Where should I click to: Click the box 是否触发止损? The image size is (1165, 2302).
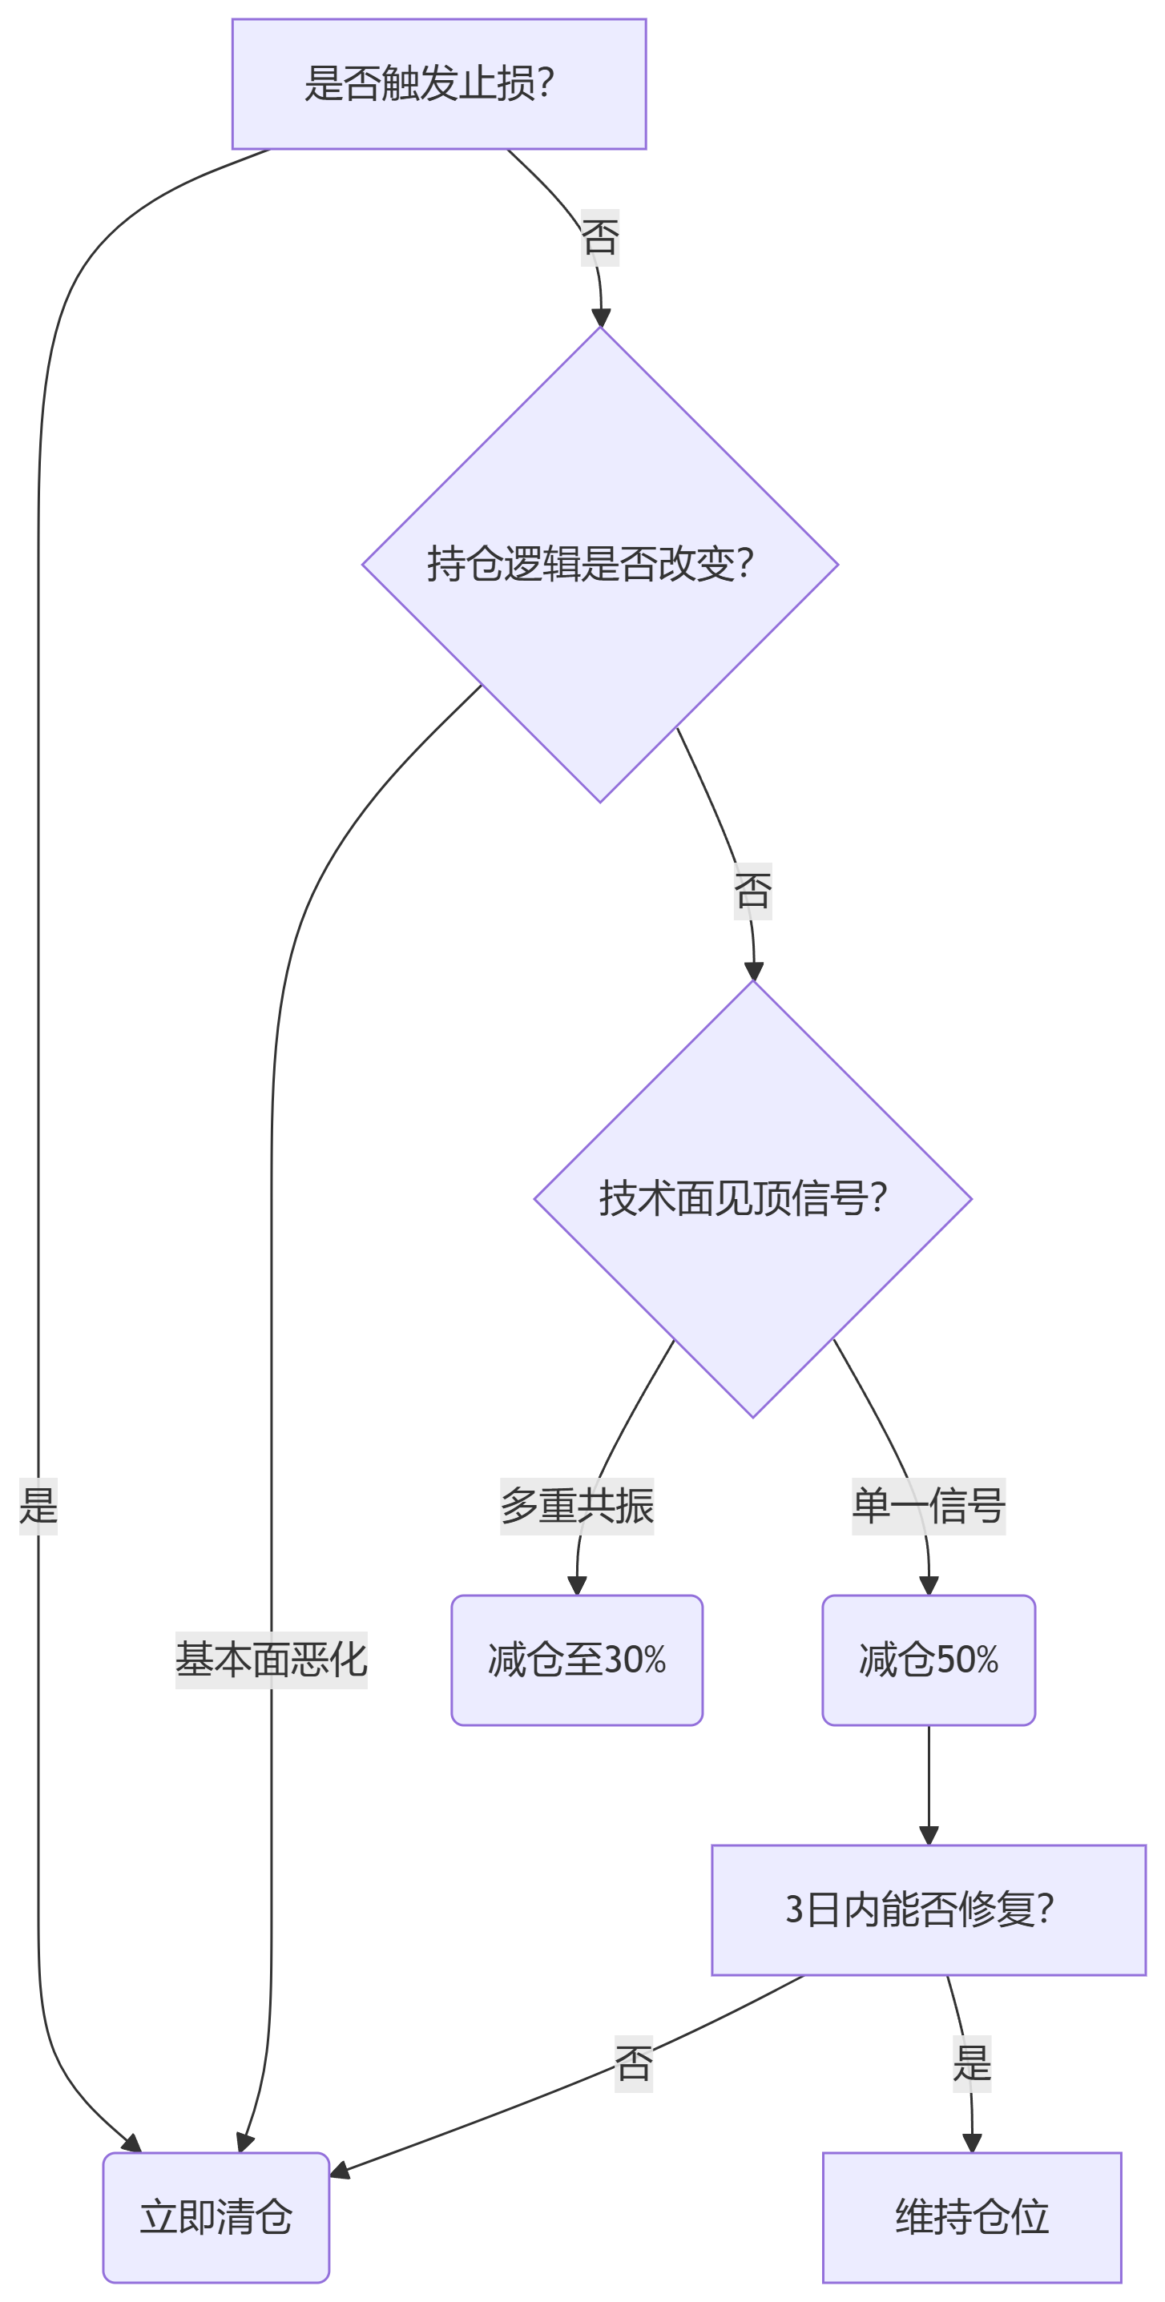(438, 84)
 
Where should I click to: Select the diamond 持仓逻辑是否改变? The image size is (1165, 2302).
(599, 564)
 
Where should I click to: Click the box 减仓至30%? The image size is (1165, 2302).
(577, 1660)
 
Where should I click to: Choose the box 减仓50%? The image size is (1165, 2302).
(928, 1660)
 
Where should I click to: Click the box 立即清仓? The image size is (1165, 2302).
(216, 2217)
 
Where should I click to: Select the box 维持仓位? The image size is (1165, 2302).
(971, 2217)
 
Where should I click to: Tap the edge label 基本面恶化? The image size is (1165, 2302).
(271, 1660)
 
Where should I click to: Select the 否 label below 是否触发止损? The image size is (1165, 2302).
(600, 238)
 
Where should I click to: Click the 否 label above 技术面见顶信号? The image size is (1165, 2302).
(753, 891)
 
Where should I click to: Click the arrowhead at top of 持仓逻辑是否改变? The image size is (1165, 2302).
(601, 318)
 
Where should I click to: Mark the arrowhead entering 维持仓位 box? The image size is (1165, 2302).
(972, 2143)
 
